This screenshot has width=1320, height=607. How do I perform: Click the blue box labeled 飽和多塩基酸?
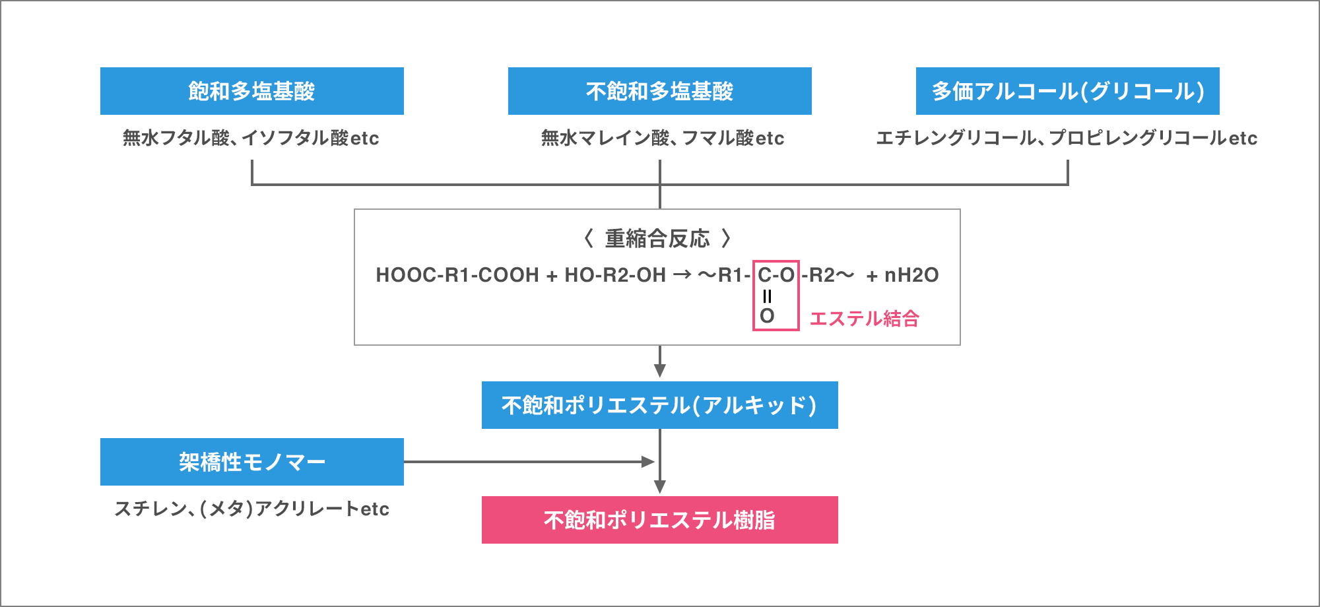click(x=251, y=91)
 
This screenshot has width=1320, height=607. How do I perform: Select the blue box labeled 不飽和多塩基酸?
click(x=659, y=91)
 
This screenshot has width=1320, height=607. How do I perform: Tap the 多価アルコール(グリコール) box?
click(x=1067, y=91)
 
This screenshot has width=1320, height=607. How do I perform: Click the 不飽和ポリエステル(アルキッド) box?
click(x=659, y=405)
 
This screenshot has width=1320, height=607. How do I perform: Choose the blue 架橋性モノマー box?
click(x=251, y=462)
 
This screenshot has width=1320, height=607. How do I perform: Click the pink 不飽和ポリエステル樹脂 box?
click(x=659, y=520)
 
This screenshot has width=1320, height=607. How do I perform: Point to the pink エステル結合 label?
click(x=864, y=319)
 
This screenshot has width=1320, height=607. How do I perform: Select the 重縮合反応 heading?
click(x=657, y=238)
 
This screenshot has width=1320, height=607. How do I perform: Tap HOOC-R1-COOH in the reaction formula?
click(x=457, y=275)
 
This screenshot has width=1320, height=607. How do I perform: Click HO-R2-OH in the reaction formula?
click(x=615, y=275)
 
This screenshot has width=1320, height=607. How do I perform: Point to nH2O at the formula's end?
click(x=911, y=275)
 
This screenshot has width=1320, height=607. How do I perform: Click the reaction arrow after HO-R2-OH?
click(x=682, y=275)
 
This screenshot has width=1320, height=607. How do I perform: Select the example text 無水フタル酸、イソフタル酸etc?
click(x=251, y=138)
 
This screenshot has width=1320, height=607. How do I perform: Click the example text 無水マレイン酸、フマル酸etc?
click(x=663, y=138)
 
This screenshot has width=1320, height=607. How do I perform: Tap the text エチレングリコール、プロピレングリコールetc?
click(x=1067, y=138)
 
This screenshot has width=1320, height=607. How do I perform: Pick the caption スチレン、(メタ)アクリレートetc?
click(x=251, y=509)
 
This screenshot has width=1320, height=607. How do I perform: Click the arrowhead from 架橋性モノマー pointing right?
click(x=648, y=462)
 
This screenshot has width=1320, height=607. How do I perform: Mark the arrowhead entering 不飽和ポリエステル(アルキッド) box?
click(x=660, y=371)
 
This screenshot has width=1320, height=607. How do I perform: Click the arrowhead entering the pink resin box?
click(x=660, y=487)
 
